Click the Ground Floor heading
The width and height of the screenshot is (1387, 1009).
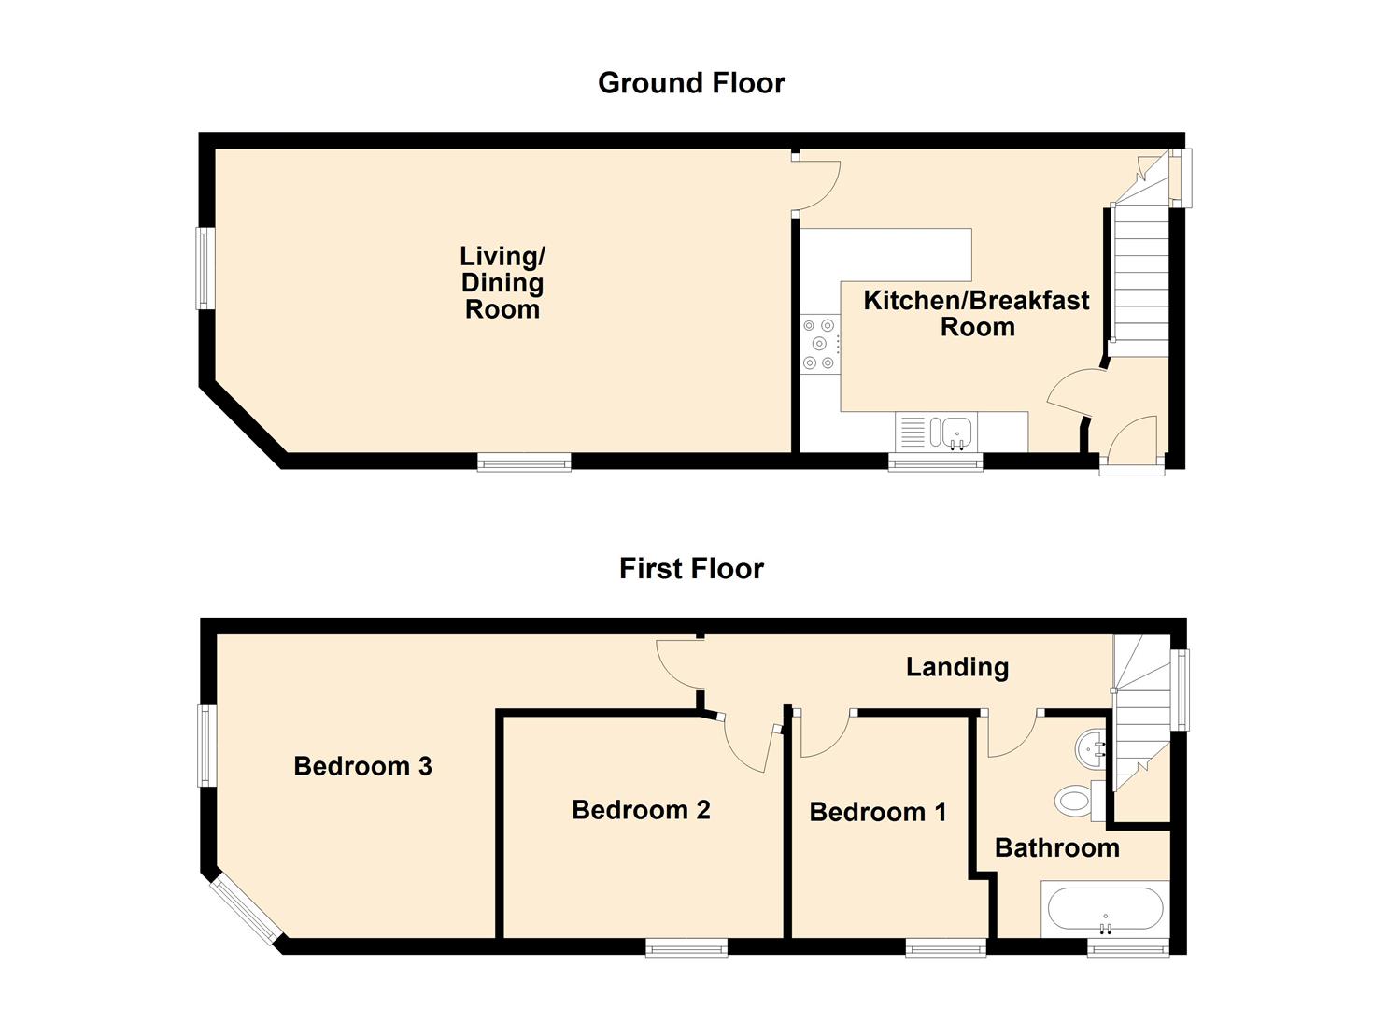(x=691, y=83)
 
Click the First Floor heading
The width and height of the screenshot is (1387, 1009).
(x=691, y=569)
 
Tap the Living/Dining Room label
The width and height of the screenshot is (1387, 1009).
(x=502, y=282)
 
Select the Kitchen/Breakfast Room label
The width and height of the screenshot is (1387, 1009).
(x=976, y=313)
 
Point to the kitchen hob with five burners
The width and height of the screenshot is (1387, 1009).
(x=820, y=344)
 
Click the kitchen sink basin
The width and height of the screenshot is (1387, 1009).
(x=952, y=433)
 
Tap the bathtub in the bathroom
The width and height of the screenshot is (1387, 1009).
(x=1105, y=909)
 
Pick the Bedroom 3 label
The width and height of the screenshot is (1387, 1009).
(x=362, y=766)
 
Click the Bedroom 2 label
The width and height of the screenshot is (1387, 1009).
(x=641, y=810)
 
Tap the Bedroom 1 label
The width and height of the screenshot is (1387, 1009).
(x=878, y=812)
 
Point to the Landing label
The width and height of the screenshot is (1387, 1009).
(x=957, y=668)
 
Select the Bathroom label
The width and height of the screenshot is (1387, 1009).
(x=1057, y=848)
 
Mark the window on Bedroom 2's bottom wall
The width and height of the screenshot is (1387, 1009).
(x=686, y=948)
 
